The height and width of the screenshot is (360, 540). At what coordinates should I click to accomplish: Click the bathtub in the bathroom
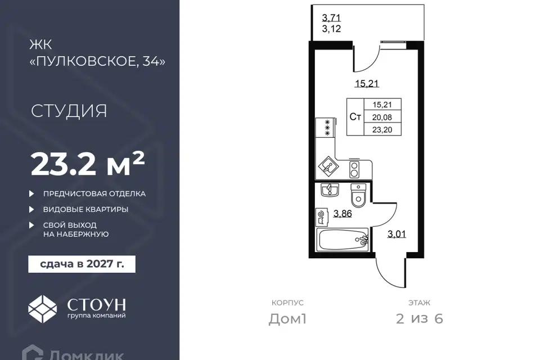point(343,240)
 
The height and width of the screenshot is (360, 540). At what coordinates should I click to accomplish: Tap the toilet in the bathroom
point(358,196)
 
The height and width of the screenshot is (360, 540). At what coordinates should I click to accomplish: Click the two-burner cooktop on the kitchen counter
point(354,169)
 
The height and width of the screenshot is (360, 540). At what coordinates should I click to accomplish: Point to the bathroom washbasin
point(330,190)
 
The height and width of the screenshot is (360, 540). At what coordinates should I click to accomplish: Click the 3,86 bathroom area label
point(343,214)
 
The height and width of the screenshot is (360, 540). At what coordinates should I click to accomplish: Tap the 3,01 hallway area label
point(397,235)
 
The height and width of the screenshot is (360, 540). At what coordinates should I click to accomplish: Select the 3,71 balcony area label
point(331,17)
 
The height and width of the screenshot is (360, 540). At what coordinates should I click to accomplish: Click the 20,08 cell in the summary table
point(382,118)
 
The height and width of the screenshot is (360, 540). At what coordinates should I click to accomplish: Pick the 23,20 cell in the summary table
point(382,130)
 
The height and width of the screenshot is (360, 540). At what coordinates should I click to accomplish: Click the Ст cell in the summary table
point(355,117)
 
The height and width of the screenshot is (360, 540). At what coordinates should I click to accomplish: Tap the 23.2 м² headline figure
point(88,164)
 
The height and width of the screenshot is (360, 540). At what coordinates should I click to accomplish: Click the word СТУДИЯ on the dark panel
point(69,111)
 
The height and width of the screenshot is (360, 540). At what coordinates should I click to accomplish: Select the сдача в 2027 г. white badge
point(82,264)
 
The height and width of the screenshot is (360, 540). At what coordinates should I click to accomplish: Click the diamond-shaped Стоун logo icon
point(42,309)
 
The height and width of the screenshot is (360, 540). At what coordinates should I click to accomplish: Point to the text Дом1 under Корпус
point(287,319)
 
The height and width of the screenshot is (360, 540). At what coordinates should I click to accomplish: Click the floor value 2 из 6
point(420,319)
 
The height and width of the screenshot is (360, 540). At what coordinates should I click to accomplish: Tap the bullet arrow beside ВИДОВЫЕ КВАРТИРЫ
point(31,209)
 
